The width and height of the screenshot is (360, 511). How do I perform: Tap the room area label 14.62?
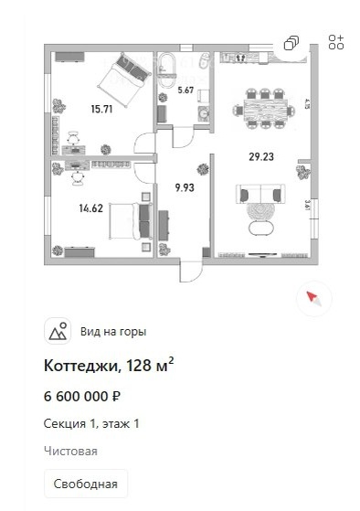(x=90, y=208)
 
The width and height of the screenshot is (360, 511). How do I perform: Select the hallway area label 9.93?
(x=185, y=189)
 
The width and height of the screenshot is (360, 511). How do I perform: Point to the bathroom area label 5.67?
(x=185, y=90)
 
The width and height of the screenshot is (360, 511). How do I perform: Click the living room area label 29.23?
(x=261, y=156)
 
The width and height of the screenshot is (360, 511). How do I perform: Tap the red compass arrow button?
(x=313, y=297)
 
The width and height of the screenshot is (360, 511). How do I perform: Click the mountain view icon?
(x=58, y=332)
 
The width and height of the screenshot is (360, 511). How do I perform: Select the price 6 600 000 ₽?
(x=83, y=397)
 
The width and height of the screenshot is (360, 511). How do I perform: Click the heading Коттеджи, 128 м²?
(x=109, y=367)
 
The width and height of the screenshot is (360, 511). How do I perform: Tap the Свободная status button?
(x=86, y=483)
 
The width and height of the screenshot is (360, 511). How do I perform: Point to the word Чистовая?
(x=70, y=451)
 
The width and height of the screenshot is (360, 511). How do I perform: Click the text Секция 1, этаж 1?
(x=91, y=423)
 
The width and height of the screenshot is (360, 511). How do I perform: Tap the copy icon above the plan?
(x=291, y=43)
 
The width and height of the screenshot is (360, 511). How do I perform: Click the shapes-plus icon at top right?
(x=335, y=42)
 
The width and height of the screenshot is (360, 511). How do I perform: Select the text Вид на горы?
(x=113, y=332)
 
